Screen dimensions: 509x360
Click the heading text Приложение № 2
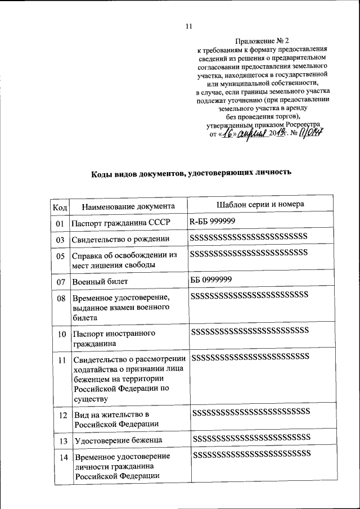[262, 40]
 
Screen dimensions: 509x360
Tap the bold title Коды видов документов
[191, 173]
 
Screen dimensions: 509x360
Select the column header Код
[60, 206]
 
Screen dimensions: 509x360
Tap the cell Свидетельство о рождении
[120, 240]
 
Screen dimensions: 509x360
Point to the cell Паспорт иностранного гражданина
[114, 338]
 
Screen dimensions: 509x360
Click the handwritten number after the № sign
[309, 133]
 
